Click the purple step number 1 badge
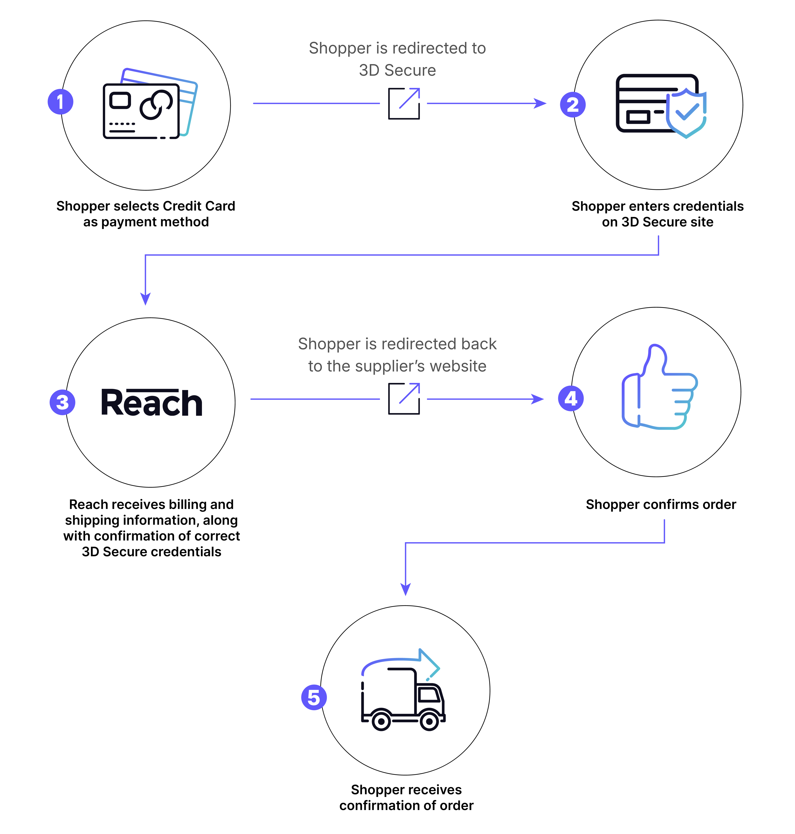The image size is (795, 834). tap(60, 102)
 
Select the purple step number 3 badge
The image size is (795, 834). tap(62, 402)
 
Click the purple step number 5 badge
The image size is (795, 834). tap(314, 698)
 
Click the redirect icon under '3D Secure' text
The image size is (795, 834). tap(404, 103)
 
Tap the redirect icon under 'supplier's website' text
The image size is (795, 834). tap(404, 399)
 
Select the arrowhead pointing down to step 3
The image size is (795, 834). tap(145, 299)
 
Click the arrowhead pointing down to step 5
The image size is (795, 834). tap(405, 589)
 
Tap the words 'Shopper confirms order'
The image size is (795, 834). tap(661, 505)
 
